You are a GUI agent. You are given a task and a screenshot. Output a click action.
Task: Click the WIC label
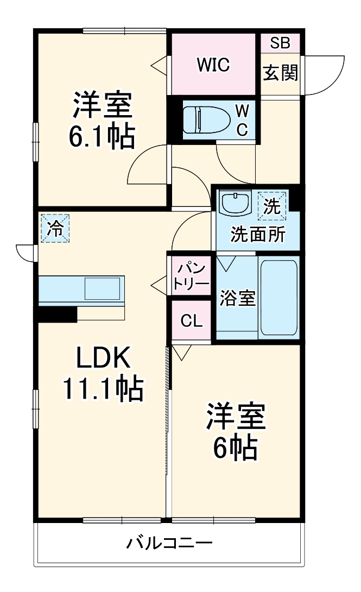(x=213, y=65)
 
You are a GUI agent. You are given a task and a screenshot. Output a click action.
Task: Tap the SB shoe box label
(x=280, y=43)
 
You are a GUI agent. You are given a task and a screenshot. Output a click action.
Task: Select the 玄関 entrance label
(x=280, y=72)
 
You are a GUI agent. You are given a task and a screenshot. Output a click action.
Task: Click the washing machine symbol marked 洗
(x=271, y=206)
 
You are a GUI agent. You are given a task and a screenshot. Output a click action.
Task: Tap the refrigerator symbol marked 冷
(x=55, y=228)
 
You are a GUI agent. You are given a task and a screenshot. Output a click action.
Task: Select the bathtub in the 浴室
(x=278, y=298)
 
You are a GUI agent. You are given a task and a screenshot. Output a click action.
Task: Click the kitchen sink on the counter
(x=104, y=289)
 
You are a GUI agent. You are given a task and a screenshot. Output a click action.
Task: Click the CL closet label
(x=191, y=321)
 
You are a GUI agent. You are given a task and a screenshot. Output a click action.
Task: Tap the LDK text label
(x=103, y=357)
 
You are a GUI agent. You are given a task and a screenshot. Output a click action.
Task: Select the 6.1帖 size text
(x=102, y=136)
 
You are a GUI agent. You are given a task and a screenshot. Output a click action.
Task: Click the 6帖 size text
(x=236, y=448)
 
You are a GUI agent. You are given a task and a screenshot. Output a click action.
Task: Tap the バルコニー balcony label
(x=169, y=543)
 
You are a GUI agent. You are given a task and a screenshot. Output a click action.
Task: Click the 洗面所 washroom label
(x=258, y=235)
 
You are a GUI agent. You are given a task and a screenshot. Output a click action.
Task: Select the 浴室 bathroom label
(x=238, y=298)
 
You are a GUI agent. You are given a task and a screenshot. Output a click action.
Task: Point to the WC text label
(x=242, y=120)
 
